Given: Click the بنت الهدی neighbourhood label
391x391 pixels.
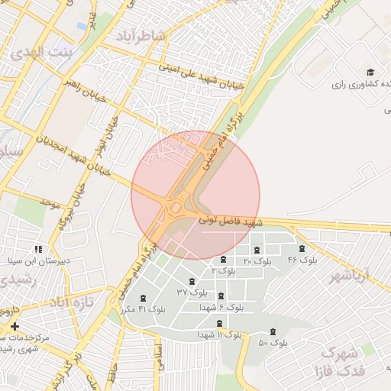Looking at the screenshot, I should pyautogui.click(x=41, y=53).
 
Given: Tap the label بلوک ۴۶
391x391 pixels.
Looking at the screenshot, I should pyautogui.click(x=302, y=260).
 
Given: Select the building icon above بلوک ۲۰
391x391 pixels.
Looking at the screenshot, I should pyautogui.click(x=256, y=249).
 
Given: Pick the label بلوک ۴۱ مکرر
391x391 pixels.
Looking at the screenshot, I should pyautogui.click(x=143, y=309).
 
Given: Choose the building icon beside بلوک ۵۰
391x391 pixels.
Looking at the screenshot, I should pyautogui.click(x=273, y=331).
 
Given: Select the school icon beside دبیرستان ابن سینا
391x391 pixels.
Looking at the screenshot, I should pyautogui.click(x=38, y=249).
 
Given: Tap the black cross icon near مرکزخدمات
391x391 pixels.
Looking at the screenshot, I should pyautogui.click(x=15, y=326).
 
